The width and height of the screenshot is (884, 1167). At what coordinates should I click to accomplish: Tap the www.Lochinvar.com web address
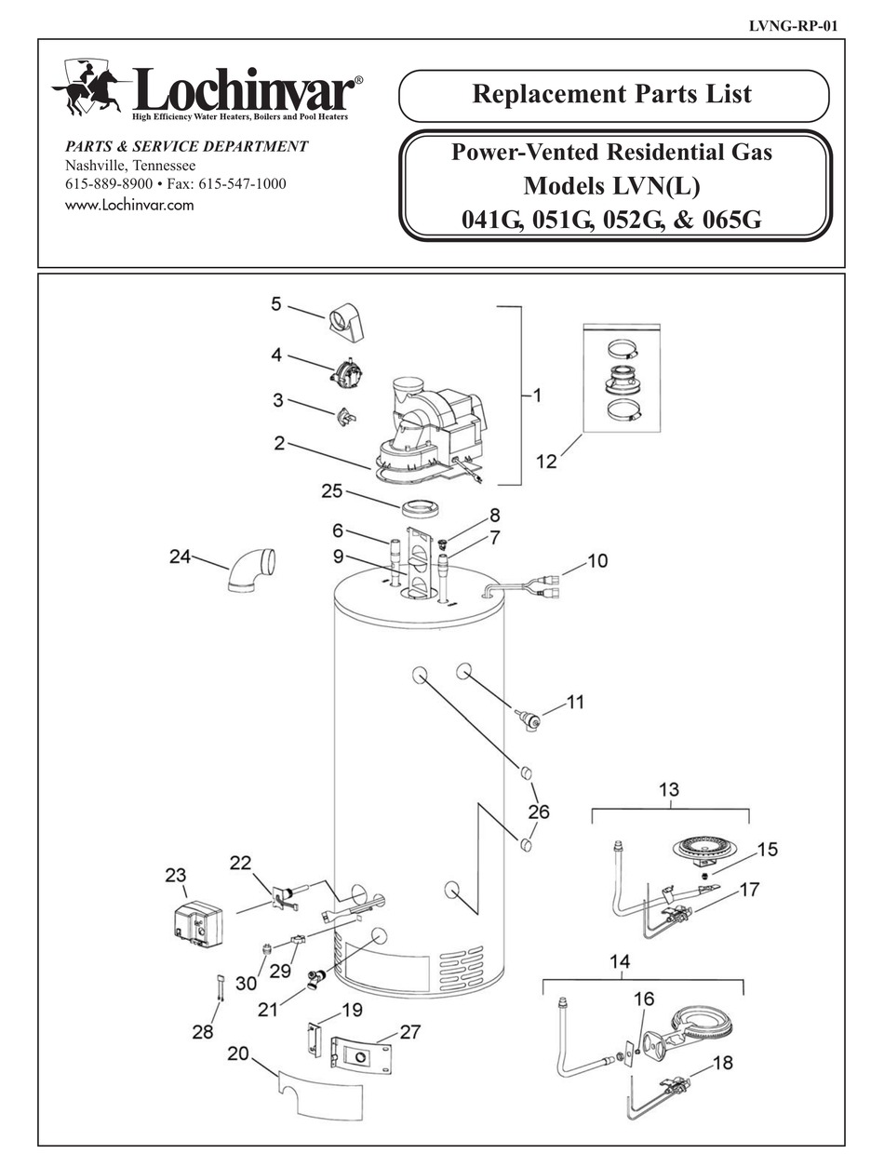[x=129, y=206]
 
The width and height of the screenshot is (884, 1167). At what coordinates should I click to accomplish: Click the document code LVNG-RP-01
[x=792, y=25]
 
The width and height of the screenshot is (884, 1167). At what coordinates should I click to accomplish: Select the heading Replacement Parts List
[x=612, y=94]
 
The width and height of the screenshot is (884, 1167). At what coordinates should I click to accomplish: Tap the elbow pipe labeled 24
[x=251, y=570]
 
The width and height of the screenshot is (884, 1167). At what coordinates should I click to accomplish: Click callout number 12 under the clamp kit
[x=546, y=461]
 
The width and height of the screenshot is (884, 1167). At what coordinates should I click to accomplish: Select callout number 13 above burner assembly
[x=669, y=790]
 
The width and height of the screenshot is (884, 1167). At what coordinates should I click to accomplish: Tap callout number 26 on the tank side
[x=538, y=812]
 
